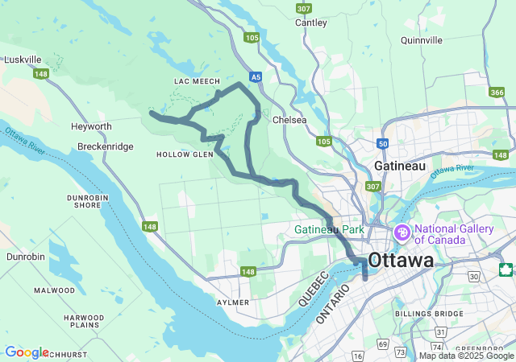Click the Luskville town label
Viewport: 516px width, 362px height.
23,60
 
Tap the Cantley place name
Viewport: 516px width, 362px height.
311,23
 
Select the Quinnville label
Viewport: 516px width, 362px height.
416,39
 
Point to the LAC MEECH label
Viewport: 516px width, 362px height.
191,82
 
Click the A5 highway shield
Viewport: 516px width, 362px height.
256,77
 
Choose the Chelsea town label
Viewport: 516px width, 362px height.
290,120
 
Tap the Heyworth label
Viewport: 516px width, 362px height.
91,127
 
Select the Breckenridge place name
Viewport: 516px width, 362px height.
106,146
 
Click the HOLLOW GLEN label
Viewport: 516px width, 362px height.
185,154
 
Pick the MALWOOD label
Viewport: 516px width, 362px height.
54,290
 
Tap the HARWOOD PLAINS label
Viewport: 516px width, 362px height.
84,322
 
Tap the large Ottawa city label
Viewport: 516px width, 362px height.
400,261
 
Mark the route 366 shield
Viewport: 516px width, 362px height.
497,93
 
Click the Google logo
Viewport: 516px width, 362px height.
26,352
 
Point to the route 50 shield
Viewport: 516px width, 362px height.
381,143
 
